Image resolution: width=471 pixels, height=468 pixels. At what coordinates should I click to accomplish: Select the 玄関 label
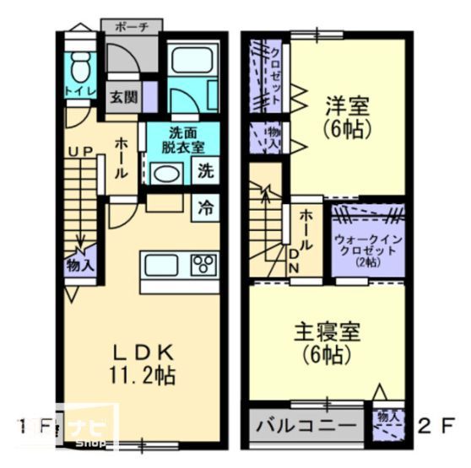tap(124, 96)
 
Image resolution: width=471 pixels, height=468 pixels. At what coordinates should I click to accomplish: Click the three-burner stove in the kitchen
tap(203, 264)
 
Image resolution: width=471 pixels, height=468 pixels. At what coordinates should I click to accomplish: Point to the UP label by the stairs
tap(80, 150)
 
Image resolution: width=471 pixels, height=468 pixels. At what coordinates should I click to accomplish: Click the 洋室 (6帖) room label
tap(346, 116)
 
